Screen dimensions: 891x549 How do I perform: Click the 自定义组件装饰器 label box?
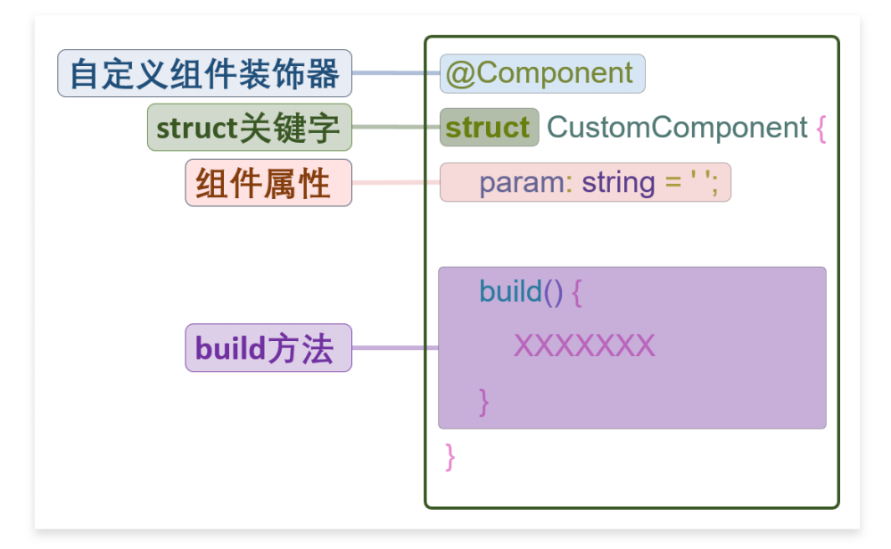coord(204,73)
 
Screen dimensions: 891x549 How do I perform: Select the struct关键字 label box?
coord(250,128)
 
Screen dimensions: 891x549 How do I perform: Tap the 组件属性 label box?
coord(268,183)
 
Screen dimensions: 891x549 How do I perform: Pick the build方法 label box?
coord(268,347)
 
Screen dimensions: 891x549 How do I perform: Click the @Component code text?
coord(540,73)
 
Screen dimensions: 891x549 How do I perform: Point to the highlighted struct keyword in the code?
coord(489,128)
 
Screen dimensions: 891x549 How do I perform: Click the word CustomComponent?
coord(677,128)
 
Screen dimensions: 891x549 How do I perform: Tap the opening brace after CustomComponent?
coord(821,129)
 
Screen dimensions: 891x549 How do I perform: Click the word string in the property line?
coord(618,183)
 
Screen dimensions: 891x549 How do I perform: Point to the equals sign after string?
coord(672,183)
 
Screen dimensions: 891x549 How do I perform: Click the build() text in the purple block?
coord(521,292)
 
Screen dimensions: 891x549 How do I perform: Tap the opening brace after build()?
coord(577,293)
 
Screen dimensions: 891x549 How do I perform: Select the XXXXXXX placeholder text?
coord(584,345)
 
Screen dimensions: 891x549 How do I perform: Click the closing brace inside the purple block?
coord(483,403)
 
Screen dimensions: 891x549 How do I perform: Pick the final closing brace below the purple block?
coord(450,457)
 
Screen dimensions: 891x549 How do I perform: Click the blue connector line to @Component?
coord(396,73)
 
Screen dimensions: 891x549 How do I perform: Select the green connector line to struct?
coord(396,126)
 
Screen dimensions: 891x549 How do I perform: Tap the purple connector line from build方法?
coord(395,347)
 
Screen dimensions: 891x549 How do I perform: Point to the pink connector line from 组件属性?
coord(396,183)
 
